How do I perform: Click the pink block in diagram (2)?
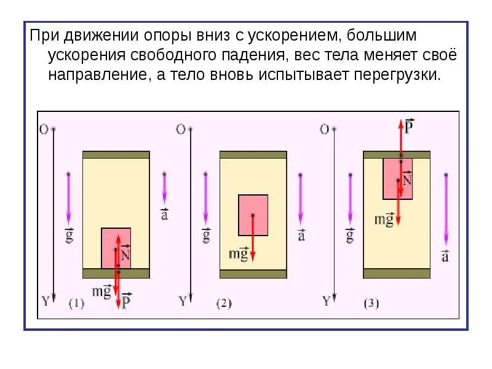coord(253,215)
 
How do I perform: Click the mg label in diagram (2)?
coord(239,253)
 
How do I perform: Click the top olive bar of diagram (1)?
coord(116,154)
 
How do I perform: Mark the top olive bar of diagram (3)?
coord(397,154)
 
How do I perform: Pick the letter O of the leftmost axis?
coord(43,130)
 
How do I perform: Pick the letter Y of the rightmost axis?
coord(327,301)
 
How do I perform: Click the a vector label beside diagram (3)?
coord(445,255)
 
